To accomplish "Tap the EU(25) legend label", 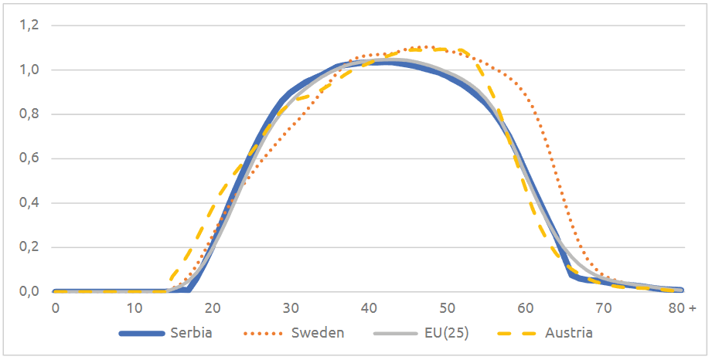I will tap(447, 334).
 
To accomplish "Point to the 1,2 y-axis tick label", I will tap(29, 25).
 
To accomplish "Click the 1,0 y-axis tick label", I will tap(29, 70).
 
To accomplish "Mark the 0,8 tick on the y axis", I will tap(29, 115).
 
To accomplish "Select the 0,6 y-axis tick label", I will tap(29, 159).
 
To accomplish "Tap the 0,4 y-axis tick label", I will tap(29, 204).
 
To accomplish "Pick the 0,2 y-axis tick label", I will tap(29, 248).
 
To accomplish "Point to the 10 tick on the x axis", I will tap(134, 307).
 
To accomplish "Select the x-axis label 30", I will tap(291, 307).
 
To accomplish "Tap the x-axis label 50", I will tap(448, 307).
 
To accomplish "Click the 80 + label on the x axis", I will tap(683, 307).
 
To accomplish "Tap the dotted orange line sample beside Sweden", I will tap(267, 334).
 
